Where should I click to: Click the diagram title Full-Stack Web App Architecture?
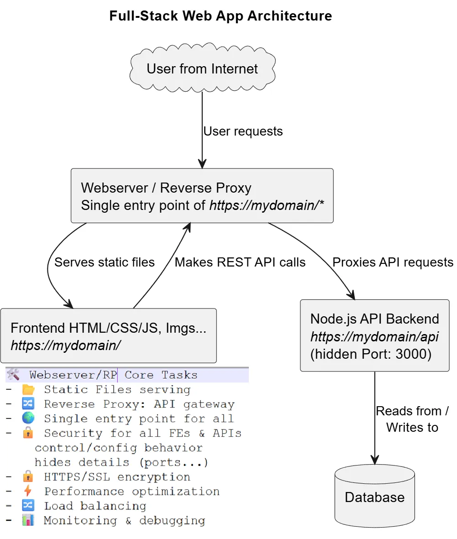(x=221, y=16)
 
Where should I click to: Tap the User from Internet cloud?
(x=202, y=69)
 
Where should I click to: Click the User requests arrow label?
(x=243, y=131)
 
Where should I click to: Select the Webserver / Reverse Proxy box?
(x=202, y=196)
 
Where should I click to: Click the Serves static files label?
(x=105, y=262)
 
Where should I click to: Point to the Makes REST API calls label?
(x=240, y=262)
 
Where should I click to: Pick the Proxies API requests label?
(x=393, y=262)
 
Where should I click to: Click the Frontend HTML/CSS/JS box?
(x=108, y=335)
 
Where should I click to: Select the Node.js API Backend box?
(x=374, y=335)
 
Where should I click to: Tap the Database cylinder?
(x=374, y=497)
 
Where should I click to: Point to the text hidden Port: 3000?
(x=371, y=354)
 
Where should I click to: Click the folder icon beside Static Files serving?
(x=28, y=390)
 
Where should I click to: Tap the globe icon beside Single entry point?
(x=28, y=419)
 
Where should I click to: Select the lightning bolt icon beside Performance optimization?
(x=28, y=491)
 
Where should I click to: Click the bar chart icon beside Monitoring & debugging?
(x=28, y=520)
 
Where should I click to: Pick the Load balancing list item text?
(x=95, y=506)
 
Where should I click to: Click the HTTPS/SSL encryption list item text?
(x=117, y=477)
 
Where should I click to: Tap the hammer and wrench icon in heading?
(x=13, y=375)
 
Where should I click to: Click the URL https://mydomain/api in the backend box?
(x=374, y=337)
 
